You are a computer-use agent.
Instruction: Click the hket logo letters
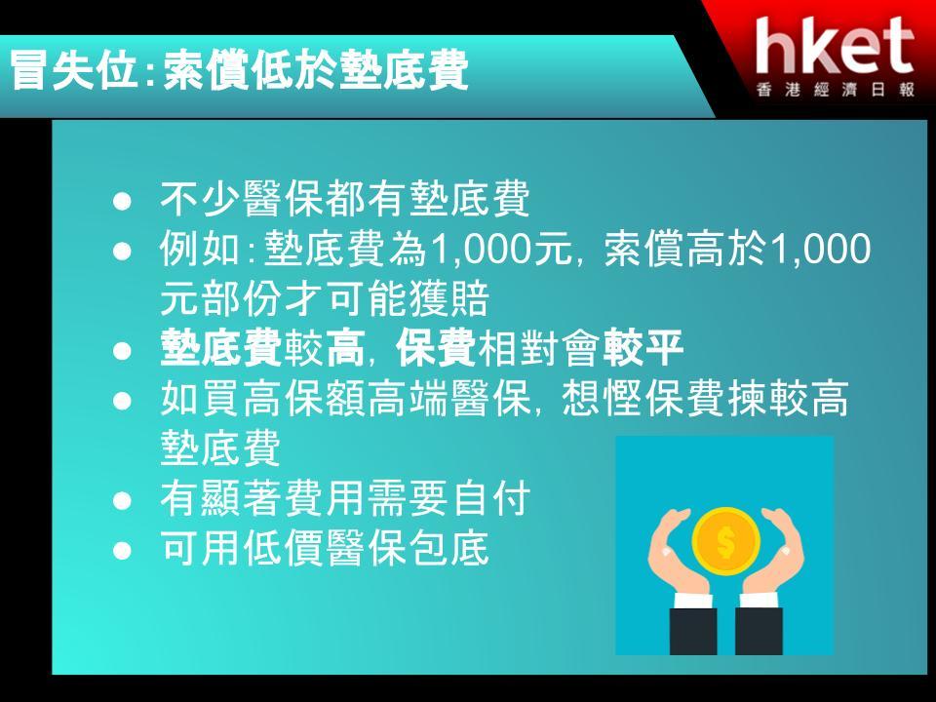click(835, 46)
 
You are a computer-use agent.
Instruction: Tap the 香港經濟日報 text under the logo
click(836, 90)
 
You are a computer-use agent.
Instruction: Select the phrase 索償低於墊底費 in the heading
click(315, 71)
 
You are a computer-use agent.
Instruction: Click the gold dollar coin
click(725, 541)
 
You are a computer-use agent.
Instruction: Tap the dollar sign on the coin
click(725, 541)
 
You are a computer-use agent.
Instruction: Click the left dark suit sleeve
click(693, 631)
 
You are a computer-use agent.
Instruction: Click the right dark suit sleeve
click(759, 631)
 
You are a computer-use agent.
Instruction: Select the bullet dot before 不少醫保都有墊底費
click(122, 201)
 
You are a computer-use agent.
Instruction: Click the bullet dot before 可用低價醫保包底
click(122, 550)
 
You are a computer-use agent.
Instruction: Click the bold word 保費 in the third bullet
click(437, 348)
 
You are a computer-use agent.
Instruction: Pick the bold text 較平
click(643, 348)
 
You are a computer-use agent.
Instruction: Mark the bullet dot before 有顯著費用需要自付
click(122, 500)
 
